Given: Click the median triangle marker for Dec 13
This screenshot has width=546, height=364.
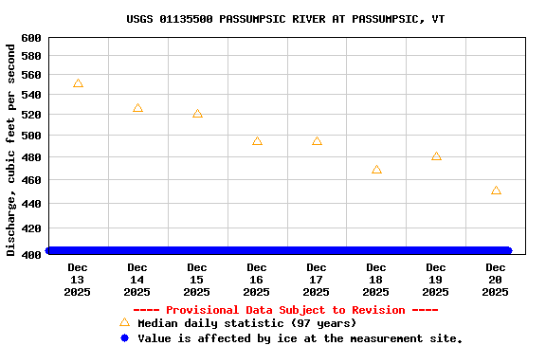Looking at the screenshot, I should (x=78, y=83).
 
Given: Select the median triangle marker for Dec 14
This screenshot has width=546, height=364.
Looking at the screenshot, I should (x=137, y=108).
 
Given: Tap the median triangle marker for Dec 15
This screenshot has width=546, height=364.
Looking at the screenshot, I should (x=197, y=114).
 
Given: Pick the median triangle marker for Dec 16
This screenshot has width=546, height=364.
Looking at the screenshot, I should (x=257, y=141).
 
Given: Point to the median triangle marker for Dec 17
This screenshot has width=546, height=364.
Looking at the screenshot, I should (x=317, y=141).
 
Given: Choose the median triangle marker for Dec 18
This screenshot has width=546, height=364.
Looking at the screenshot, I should (x=376, y=170).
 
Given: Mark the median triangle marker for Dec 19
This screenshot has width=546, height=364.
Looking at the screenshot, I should (x=436, y=156).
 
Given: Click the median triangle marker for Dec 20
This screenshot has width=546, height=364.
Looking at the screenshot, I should (x=496, y=191).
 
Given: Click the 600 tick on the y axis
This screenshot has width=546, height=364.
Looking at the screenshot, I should (x=31, y=38).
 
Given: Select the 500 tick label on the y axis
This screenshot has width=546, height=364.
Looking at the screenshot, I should (x=31, y=136).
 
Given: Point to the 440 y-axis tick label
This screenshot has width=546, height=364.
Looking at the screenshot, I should (x=31, y=204).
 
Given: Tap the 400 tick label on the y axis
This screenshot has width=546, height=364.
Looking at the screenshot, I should (x=31, y=254).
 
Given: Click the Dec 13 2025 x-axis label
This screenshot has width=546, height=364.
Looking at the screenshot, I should (x=78, y=280).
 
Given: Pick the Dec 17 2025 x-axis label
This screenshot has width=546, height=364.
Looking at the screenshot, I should (x=317, y=280).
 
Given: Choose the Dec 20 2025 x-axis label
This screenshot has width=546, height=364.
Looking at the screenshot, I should (x=496, y=280).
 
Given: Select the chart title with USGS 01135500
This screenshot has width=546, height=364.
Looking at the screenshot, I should (x=285, y=19).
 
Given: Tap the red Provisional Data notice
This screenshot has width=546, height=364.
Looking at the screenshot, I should (x=285, y=310).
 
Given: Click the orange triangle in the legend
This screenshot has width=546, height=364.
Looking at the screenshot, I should (x=124, y=322).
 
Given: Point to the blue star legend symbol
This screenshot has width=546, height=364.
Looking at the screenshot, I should (x=124, y=337).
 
